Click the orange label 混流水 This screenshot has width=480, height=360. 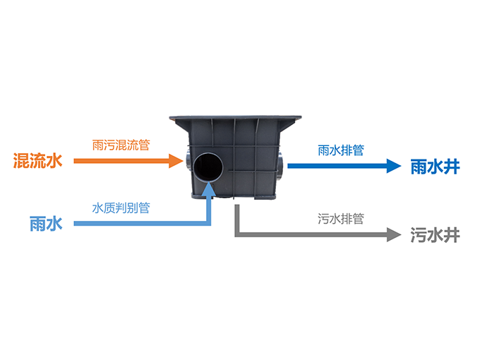(37, 161)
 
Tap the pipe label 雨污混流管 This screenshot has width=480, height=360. (121, 145)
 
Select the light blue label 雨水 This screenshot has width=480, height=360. (46, 224)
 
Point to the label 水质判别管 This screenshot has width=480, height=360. (121, 208)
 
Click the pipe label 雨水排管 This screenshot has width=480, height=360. (341, 150)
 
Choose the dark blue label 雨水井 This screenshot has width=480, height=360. (435, 167)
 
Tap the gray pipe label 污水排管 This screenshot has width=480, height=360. (341, 219)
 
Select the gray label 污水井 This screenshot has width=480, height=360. (435, 235)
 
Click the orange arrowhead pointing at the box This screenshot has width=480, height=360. (176, 161)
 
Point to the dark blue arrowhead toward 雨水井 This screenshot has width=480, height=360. (394, 166)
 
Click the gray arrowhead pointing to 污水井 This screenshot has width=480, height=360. (394, 235)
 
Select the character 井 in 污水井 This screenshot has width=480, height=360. (452, 235)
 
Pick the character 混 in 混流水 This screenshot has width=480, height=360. (21, 161)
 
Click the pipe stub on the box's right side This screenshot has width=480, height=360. (280, 167)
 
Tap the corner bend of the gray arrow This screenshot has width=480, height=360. (237, 234)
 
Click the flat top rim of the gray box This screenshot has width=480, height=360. (235, 118)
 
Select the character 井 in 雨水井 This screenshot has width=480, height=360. (452, 167)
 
